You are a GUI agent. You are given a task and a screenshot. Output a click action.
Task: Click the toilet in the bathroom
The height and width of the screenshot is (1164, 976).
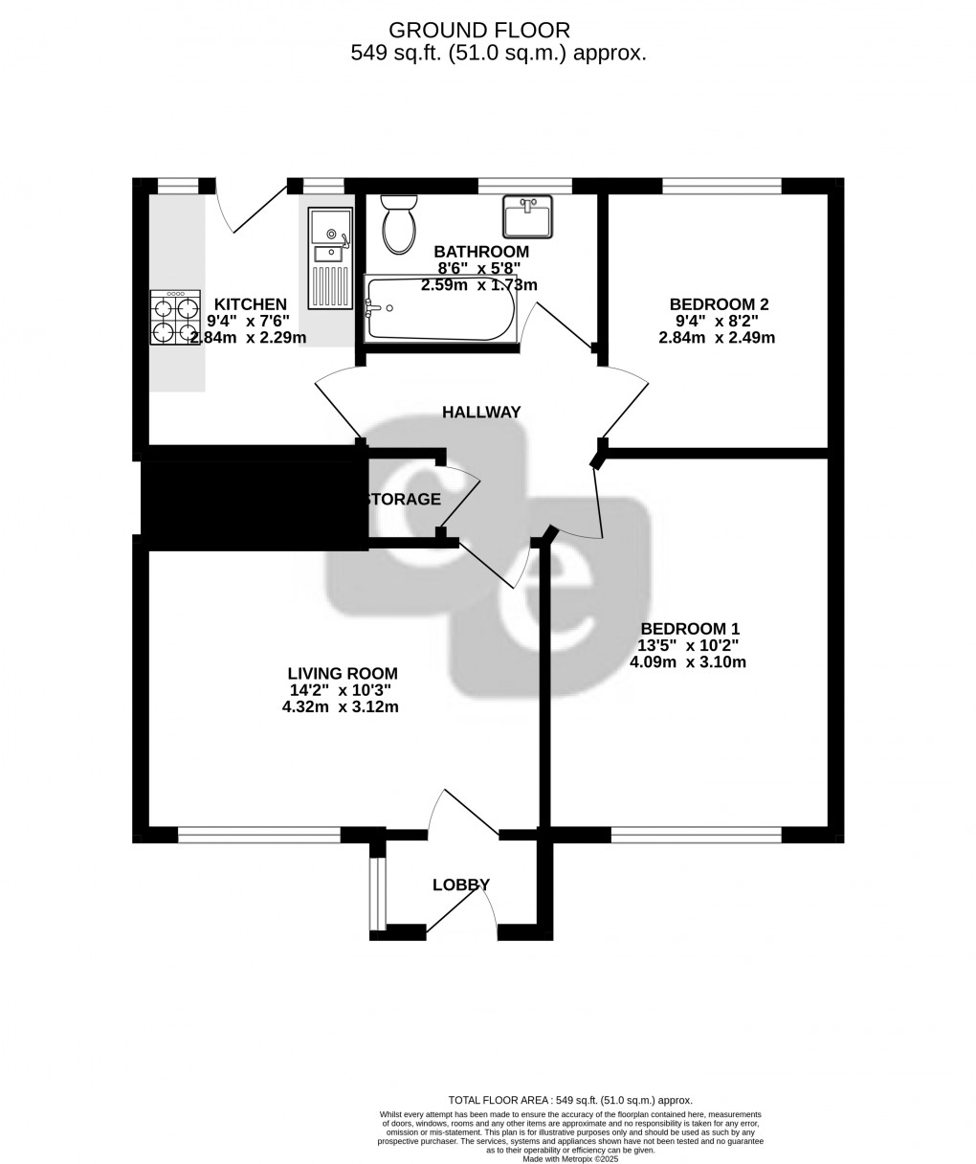click(398, 223)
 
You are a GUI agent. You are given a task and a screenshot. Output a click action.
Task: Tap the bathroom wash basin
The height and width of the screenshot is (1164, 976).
click(526, 216)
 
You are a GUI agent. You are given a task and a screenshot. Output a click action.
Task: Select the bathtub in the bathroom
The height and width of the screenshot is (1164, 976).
click(440, 309)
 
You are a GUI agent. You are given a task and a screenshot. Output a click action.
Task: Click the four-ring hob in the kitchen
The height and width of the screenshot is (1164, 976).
click(174, 318)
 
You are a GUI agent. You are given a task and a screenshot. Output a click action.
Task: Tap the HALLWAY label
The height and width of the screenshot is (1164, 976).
click(481, 413)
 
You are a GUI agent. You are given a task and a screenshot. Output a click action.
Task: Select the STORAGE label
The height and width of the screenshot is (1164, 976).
click(401, 500)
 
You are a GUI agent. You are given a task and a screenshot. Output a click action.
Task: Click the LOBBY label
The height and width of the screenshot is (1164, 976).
click(461, 885)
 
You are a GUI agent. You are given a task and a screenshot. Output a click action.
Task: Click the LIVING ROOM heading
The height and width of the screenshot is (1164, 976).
click(344, 674)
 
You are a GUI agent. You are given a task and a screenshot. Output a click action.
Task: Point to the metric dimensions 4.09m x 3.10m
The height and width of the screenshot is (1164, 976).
click(688, 662)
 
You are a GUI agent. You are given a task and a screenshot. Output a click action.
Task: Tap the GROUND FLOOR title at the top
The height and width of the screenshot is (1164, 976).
click(493, 32)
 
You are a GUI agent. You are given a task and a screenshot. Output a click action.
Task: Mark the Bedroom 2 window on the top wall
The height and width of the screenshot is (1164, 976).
click(721, 186)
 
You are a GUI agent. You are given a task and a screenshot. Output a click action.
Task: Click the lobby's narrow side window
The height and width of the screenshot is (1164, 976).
click(377, 893)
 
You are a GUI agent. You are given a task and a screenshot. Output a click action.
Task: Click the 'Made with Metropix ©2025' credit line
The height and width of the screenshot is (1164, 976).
click(570, 1158)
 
